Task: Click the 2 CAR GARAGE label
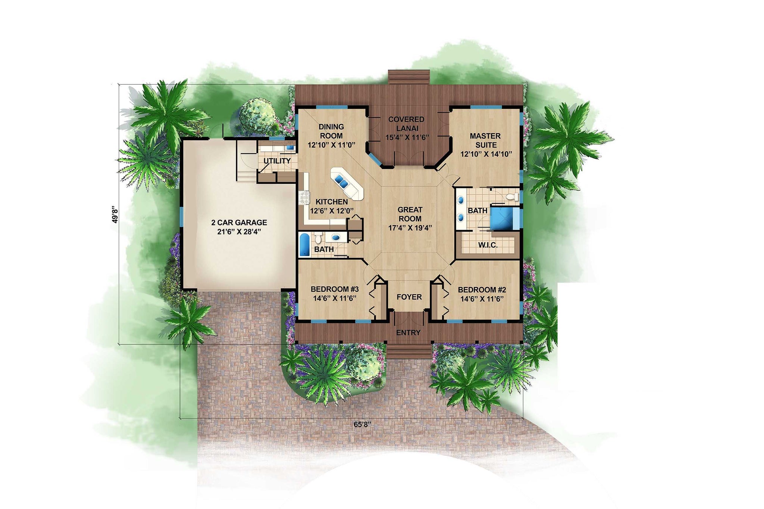[239, 223]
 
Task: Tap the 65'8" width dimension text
[362, 424]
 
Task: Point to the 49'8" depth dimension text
[115, 215]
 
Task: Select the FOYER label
[409, 297]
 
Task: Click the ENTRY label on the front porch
[408, 333]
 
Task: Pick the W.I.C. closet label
[488, 245]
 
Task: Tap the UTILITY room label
[277, 161]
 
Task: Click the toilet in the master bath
[513, 197]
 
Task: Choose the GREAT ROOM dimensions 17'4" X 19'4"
[410, 227]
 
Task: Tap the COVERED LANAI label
[406, 124]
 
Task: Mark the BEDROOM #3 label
[335, 289]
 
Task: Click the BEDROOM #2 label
[482, 290]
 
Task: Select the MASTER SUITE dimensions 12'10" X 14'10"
[486, 154]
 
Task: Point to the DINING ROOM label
[331, 131]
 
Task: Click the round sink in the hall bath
[336, 238]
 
